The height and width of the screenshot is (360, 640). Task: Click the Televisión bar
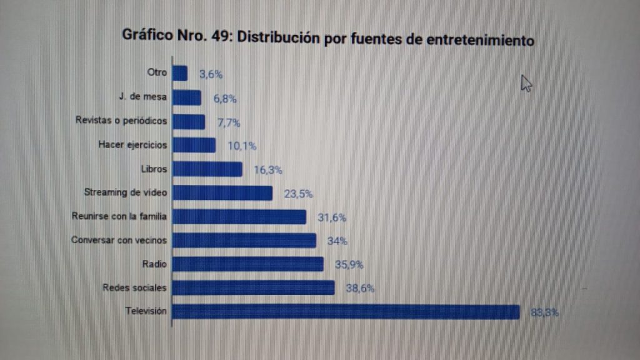[x=346, y=312]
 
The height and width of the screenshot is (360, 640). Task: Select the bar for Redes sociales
[x=253, y=288]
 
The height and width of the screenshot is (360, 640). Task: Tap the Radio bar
[x=247, y=264]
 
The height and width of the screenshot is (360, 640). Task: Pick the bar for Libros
[x=207, y=169]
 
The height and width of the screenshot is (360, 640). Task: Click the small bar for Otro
[x=179, y=74]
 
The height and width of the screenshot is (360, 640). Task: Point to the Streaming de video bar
[x=222, y=193]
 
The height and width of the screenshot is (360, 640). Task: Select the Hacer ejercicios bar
[x=194, y=146]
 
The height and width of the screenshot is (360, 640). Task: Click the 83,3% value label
[x=544, y=312]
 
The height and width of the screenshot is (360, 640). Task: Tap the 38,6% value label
[x=360, y=289]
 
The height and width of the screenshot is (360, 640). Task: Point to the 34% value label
[x=337, y=241]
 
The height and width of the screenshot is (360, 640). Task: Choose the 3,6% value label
[x=211, y=74]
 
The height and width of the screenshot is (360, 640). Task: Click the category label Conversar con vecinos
[x=119, y=240]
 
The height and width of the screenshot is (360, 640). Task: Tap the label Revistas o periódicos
[x=121, y=121]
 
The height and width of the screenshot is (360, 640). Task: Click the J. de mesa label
[x=142, y=97]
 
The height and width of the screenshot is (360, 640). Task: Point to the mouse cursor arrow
[x=526, y=83]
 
